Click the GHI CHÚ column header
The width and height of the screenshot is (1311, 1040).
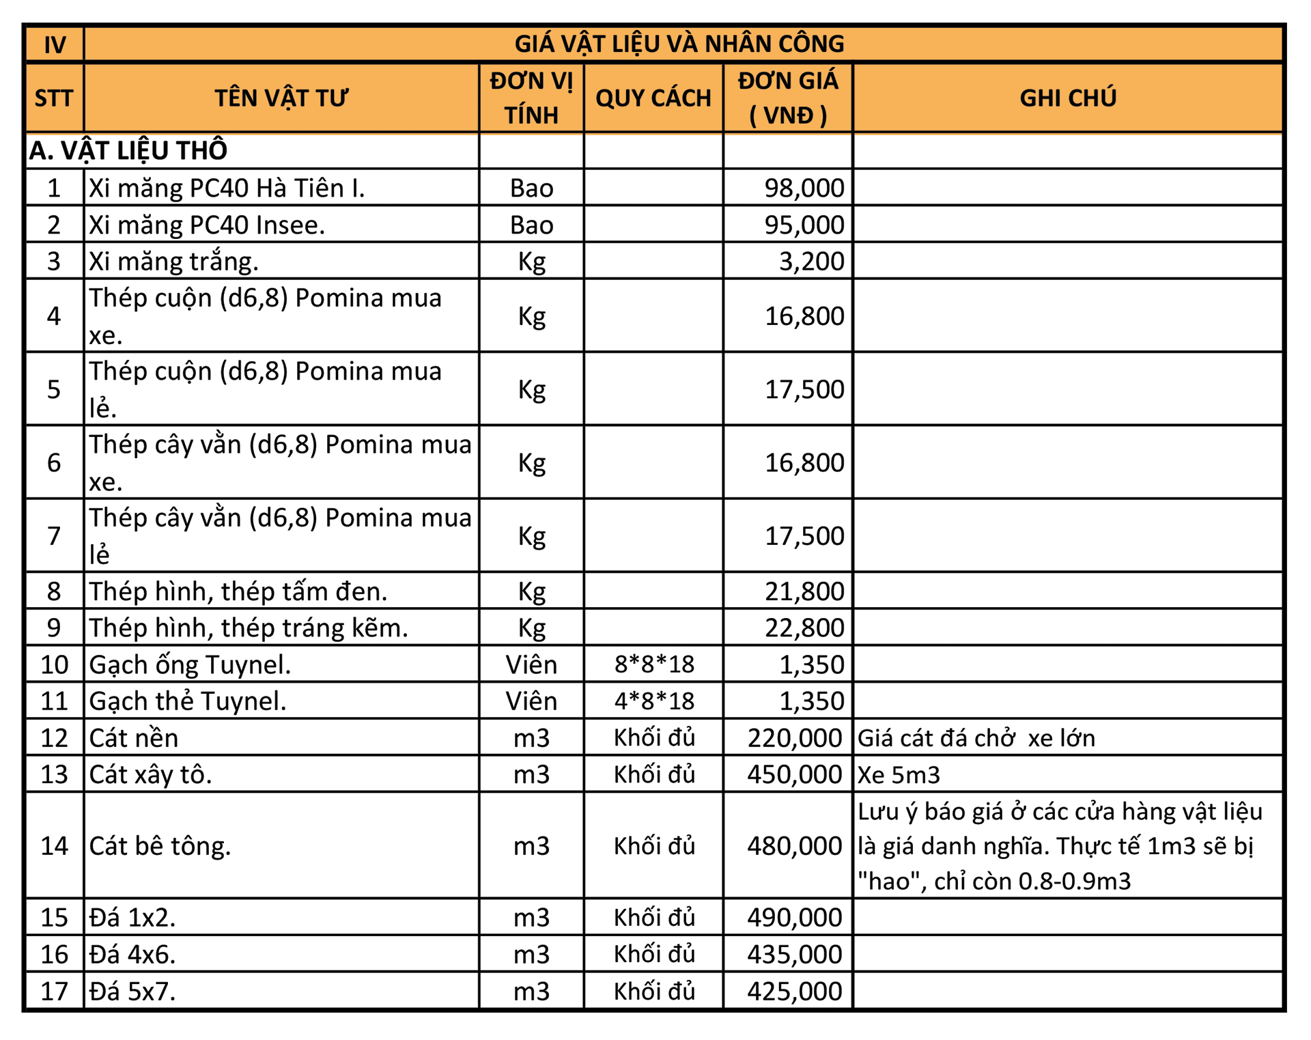pyautogui.click(x=1067, y=98)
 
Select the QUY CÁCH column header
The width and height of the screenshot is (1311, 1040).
pyautogui.click(x=653, y=98)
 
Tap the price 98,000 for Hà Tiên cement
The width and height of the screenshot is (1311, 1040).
pyautogui.click(x=804, y=188)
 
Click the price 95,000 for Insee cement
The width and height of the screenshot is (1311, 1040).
pyautogui.click(x=804, y=225)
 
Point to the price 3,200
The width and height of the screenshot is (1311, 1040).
pyautogui.click(x=811, y=261)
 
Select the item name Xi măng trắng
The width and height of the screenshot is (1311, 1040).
pyautogui.click(x=173, y=261)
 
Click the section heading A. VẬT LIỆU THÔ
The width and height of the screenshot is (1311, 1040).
pyautogui.click(x=128, y=150)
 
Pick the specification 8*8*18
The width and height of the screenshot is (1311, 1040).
pyautogui.click(x=653, y=664)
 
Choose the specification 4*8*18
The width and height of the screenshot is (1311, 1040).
pyautogui.click(x=653, y=701)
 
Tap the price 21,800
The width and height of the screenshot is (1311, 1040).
pyautogui.click(x=804, y=591)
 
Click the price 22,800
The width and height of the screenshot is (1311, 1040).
pyautogui.click(x=804, y=628)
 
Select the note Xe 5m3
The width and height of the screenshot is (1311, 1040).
pyautogui.click(x=899, y=774)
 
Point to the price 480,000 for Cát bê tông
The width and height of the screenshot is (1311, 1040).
pyautogui.click(x=794, y=845)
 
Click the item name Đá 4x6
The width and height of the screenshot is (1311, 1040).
pyautogui.click(x=132, y=954)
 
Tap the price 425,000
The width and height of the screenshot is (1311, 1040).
pyautogui.click(x=794, y=991)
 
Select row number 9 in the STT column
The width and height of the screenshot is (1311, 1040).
pyautogui.click(x=54, y=628)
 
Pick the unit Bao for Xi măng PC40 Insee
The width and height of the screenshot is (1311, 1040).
pyautogui.click(x=531, y=225)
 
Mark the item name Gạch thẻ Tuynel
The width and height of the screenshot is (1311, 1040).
pyautogui.click(x=187, y=701)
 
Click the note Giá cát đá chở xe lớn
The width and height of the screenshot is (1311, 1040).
pyautogui.click(x=976, y=737)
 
